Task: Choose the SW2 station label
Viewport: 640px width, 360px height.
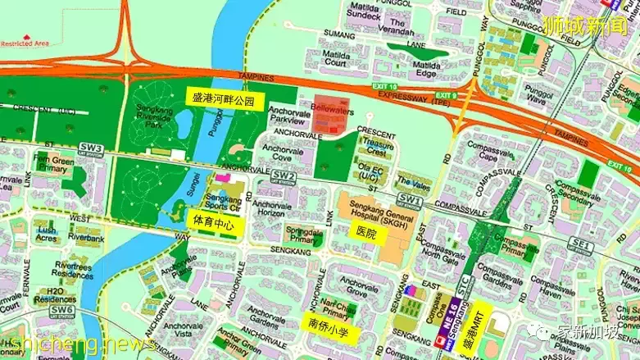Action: (284, 175)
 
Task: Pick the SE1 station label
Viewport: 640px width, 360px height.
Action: (581, 244)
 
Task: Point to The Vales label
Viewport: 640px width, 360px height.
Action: (410, 181)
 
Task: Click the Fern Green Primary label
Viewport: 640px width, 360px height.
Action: (52, 162)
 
